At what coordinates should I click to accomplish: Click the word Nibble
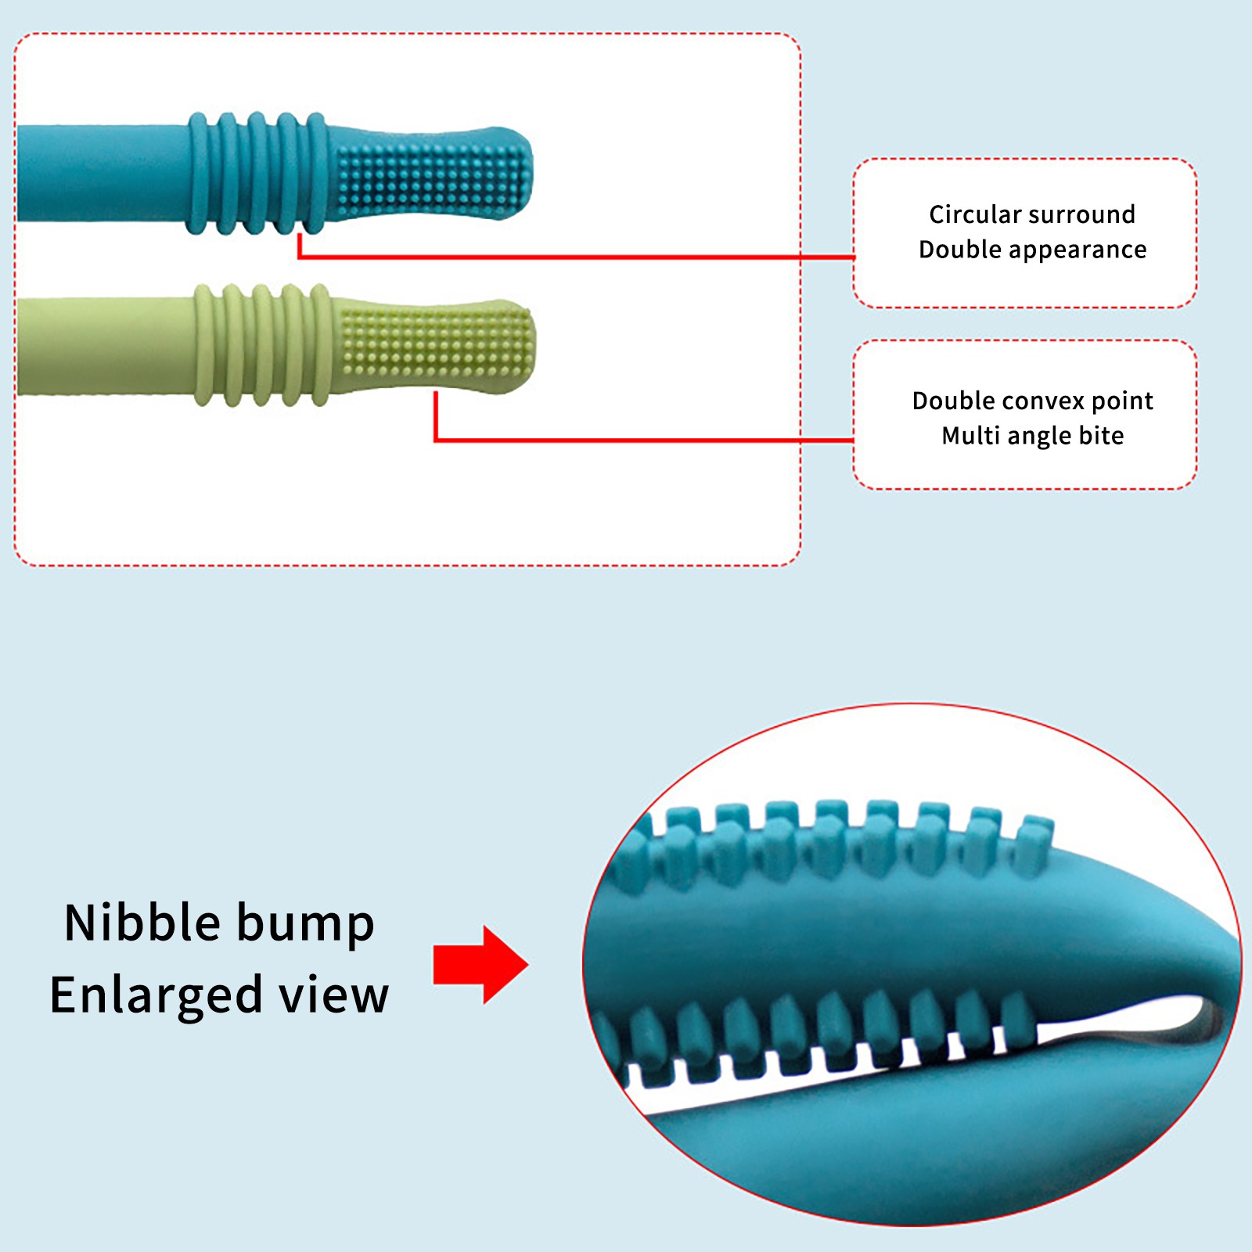[x=142, y=923]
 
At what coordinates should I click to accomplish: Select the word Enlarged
[x=156, y=996]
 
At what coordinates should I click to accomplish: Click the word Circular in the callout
[x=975, y=214]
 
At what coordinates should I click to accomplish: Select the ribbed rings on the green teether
[x=261, y=345]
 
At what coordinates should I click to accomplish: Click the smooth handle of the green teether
[x=102, y=345]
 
